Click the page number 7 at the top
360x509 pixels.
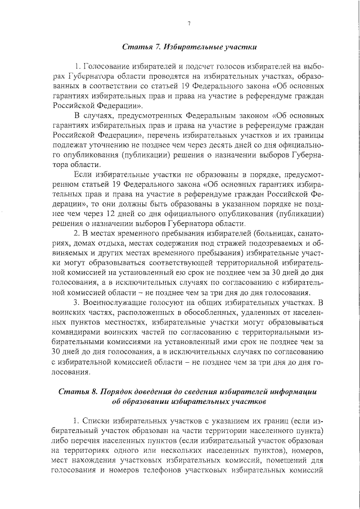click(x=189, y=23)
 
